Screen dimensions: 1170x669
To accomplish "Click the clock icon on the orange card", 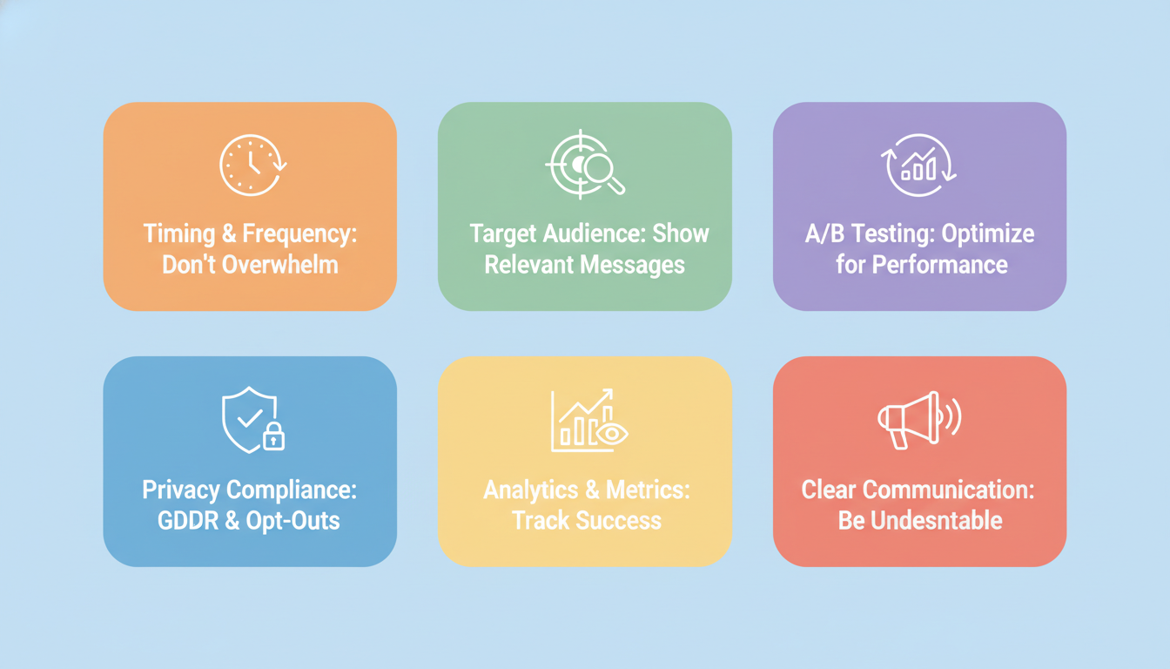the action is (x=252, y=166).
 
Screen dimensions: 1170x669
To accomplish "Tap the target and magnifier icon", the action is (x=585, y=165).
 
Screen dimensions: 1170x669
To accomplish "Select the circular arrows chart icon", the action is (x=918, y=166).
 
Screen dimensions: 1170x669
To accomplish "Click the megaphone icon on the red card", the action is (x=919, y=420).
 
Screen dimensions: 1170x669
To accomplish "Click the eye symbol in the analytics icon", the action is (x=611, y=434).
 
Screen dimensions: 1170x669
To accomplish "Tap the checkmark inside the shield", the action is (x=250, y=417).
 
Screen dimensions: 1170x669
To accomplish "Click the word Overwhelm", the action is (x=280, y=265).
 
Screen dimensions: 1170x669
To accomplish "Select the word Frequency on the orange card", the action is (x=299, y=234).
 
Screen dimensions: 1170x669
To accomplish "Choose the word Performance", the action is (x=939, y=265).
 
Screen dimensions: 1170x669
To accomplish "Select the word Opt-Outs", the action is (x=292, y=521).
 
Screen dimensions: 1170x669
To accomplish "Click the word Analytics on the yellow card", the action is (x=531, y=490).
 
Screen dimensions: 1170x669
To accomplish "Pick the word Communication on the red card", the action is (x=948, y=490).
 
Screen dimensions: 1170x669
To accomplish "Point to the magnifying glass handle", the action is (x=616, y=186).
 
